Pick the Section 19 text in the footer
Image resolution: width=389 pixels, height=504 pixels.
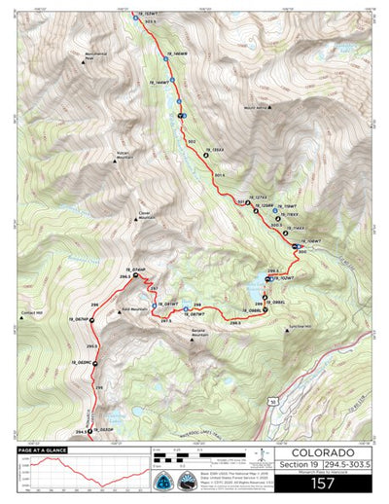click(x=293, y=466)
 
